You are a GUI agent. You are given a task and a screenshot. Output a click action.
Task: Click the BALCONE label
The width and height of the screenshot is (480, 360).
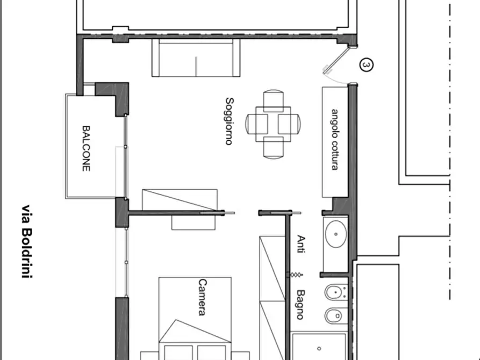(87, 148)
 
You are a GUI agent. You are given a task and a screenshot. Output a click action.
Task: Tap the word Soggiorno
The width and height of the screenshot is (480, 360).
(230, 121)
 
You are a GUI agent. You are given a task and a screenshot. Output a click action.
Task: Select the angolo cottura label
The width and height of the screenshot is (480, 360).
(335, 139)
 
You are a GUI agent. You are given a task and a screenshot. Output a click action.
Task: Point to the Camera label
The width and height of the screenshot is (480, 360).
(202, 297)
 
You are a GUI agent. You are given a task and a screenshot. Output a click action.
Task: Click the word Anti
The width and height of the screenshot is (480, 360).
(301, 244)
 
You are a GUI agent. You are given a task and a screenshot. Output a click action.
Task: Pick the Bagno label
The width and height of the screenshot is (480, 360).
(300, 305)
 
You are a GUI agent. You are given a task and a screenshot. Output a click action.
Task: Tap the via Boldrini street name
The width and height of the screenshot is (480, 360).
(27, 242)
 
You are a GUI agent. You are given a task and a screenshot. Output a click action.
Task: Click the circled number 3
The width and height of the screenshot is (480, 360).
(366, 65)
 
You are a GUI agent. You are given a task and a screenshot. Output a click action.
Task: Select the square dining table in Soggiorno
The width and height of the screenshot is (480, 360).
(273, 124)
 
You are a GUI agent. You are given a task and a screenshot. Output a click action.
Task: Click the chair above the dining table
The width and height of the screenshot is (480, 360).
(273, 100)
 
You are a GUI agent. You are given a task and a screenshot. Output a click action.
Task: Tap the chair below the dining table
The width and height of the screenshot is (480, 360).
(273, 148)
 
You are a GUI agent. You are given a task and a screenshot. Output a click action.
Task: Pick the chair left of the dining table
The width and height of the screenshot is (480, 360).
(256, 124)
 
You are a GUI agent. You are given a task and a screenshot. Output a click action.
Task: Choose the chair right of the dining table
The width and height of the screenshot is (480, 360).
(289, 124)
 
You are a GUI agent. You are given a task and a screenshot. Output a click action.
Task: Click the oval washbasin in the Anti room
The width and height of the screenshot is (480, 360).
(336, 234)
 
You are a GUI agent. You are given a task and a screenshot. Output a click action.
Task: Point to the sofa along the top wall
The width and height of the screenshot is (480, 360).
(196, 57)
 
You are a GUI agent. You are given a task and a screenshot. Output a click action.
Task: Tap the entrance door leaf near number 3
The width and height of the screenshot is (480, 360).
(336, 60)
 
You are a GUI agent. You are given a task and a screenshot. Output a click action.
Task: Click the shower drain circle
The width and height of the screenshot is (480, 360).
(319, 348)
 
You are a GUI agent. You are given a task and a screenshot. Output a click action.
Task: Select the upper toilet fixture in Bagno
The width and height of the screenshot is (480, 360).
(336, 292)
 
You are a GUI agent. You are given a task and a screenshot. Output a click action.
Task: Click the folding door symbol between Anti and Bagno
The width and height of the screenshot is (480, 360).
(295, 275)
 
